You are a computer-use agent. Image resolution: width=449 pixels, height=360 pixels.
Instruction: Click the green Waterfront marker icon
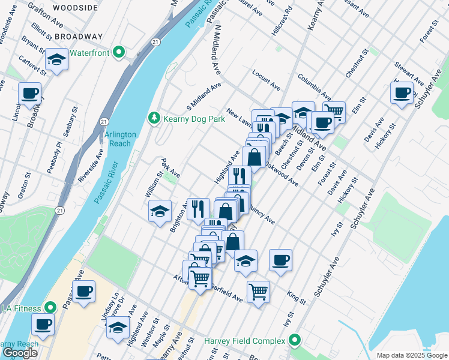(x=119, y=53)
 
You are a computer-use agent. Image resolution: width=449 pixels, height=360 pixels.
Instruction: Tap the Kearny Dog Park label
(x=187, y=119)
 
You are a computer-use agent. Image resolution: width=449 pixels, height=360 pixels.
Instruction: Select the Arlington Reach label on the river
(x=120, y=139)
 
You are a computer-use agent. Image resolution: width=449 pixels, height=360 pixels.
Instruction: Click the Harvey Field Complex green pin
(x=294, y=341)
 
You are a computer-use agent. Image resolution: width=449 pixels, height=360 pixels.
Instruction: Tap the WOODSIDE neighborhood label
(x=75, y=8)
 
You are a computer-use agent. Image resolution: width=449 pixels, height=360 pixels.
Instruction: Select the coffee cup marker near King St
(x=280, y=260)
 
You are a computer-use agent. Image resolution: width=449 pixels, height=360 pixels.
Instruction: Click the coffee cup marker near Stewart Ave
(x=402, y=92)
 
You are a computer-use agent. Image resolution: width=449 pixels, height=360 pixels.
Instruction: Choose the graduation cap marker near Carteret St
(x=56, y=59)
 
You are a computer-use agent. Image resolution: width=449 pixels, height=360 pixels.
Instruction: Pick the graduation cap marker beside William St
(x=160, y=211)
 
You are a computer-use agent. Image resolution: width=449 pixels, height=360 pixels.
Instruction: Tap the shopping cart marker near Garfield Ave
(x=258, y=292)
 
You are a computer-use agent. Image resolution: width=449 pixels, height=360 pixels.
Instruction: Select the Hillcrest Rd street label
(x=282, y=22)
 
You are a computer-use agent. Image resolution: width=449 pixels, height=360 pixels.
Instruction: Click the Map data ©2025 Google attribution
(x=412, y=355)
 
